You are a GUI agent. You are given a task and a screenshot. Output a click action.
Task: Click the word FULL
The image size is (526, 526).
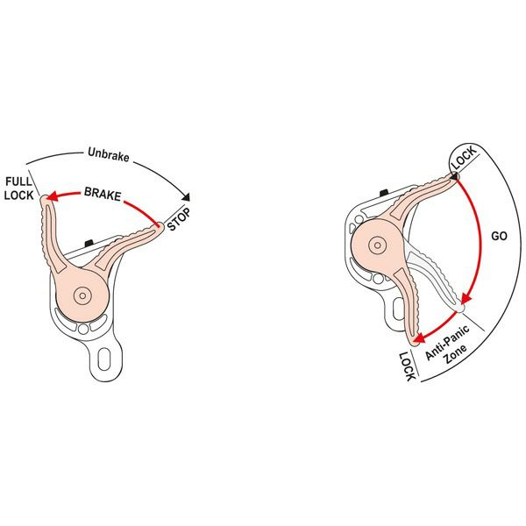(18, 181)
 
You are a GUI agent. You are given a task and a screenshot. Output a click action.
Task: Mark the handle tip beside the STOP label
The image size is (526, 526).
(159, 228)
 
